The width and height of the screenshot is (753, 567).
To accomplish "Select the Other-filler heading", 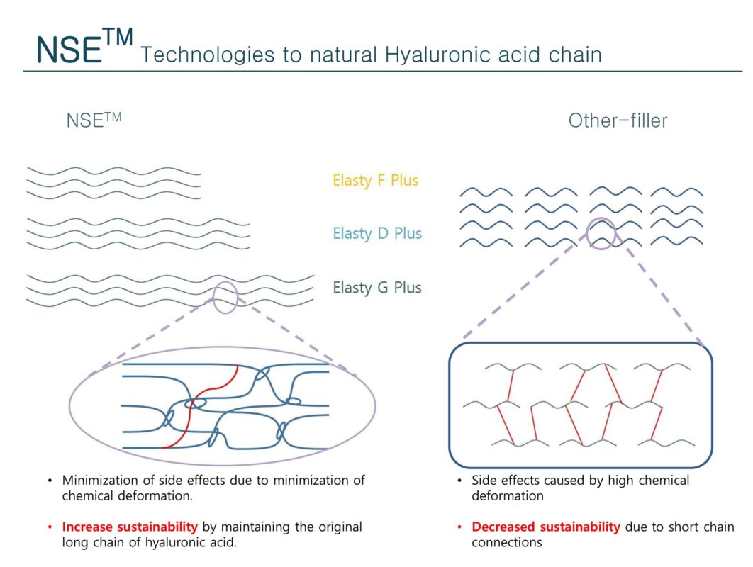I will (x=618, y=120).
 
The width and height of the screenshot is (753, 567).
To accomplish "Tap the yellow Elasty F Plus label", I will (x=376, y=180).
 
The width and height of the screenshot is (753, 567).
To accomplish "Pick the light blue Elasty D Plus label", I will (x=377, y=233).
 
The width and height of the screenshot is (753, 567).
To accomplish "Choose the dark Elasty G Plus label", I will (x=377, y=288).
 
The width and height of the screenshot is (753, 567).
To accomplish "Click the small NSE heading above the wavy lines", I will (x=94, y=120).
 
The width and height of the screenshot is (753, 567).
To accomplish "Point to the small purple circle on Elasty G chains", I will (x=225, y=297).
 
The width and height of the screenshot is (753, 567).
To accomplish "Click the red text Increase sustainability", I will (x=129, y=527).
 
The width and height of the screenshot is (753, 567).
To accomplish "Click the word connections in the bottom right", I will (x=507, y=543).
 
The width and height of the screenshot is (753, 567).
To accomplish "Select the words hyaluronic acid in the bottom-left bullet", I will (x=217, y=543).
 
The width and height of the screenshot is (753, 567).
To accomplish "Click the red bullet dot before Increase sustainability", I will (x=50, y=527).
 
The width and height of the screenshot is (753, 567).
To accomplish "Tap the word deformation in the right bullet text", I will (x=508, y=495).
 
